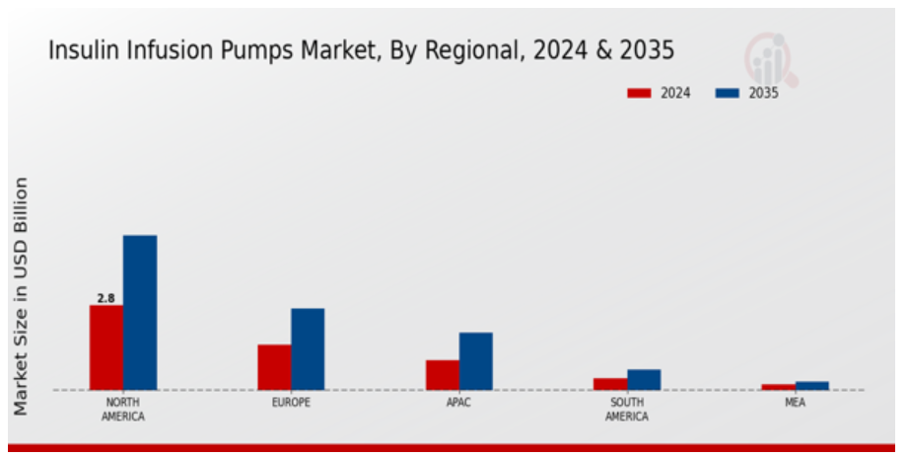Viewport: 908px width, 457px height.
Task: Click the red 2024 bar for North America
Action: tap(106, 346)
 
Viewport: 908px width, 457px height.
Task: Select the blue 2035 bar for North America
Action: tap(140, 312)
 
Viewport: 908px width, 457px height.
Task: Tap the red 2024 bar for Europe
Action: tap(274, 366)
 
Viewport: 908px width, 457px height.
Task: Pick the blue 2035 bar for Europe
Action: tap(308, 348)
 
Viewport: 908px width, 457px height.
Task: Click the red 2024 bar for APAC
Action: tap(442, 374)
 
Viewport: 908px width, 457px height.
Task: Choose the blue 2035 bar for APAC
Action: tap(475, 360)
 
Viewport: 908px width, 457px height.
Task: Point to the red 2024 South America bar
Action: tap(610, 383)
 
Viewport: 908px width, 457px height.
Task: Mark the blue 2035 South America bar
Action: tap(644, 379)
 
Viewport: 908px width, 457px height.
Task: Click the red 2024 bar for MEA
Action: tap(778, 386)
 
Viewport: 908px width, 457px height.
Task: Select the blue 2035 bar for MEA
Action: tap(811, 385)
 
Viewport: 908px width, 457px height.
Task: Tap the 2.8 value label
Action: tap(105, 297)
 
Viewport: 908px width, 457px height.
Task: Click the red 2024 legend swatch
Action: tap(639, 93)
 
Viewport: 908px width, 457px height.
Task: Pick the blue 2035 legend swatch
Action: tap(728, 93)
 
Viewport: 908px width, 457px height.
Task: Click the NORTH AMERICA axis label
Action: tap(122, 410)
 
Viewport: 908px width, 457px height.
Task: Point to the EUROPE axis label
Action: tap(291, 403)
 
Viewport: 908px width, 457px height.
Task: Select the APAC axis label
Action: tap(458, 403)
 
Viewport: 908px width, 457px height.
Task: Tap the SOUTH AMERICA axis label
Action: tap(627, 410)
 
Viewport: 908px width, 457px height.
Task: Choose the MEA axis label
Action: tap(795, 403)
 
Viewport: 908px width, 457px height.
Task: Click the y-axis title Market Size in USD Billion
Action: tap(21, 296)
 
